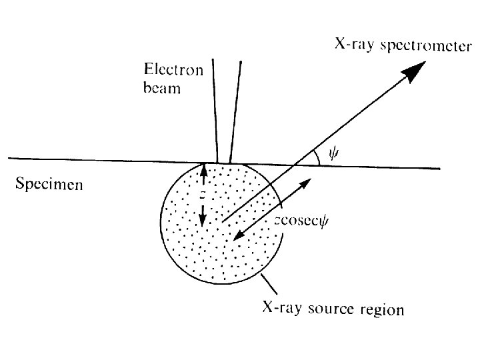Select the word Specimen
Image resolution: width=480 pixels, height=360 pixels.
click(49, 184)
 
